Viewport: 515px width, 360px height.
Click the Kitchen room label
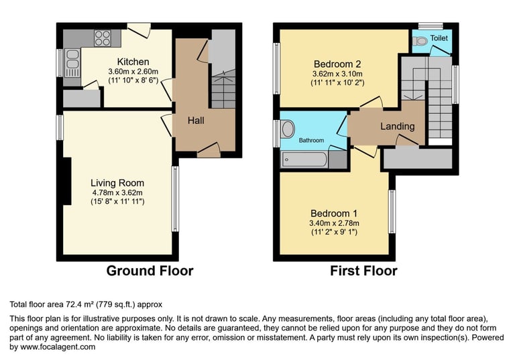pyautogui.click(x=133, y=62)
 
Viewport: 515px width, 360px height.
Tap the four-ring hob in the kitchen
pyautogui.click(x=103, y=38)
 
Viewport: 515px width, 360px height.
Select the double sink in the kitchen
pyautogui.click(x=72, y=63)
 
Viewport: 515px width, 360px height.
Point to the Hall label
pyautogui.click(x=196, y=121)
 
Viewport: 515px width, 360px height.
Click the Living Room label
pyautogui.click(x=117, y=183)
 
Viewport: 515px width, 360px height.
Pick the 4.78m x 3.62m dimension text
pyautogui.click(x=117, y=193)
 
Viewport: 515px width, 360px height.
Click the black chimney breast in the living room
pyautogui.click(x=67, y=181)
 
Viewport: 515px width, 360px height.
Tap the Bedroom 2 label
pyautogui.click(x=337, y=64)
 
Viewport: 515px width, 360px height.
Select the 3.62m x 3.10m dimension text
pyautogui.click(x=337, y=74)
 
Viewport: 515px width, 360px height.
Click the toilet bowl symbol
pyautogui.click(x=420, y=41)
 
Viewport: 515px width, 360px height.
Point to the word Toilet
pyautogui.click(x=439, y=38)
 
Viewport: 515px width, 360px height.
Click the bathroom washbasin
pyautogui.click(x=288, y=129)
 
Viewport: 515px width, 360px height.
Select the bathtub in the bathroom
pyautogui.click(x=304, y=160)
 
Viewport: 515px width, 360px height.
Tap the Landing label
pyautogui.click(x=398, y=127)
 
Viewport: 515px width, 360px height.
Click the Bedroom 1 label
pyautogui.click(x=334, y=213)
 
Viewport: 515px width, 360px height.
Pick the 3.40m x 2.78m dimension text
pyautogui.click(x=334, y=223)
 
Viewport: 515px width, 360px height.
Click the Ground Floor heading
pyautogui.click(x=150, y=271)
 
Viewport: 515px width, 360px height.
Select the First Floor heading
pyautogui.click(x=363, y=271)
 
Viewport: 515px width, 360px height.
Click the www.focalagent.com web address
pyautogui.click(x=58, y=347)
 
